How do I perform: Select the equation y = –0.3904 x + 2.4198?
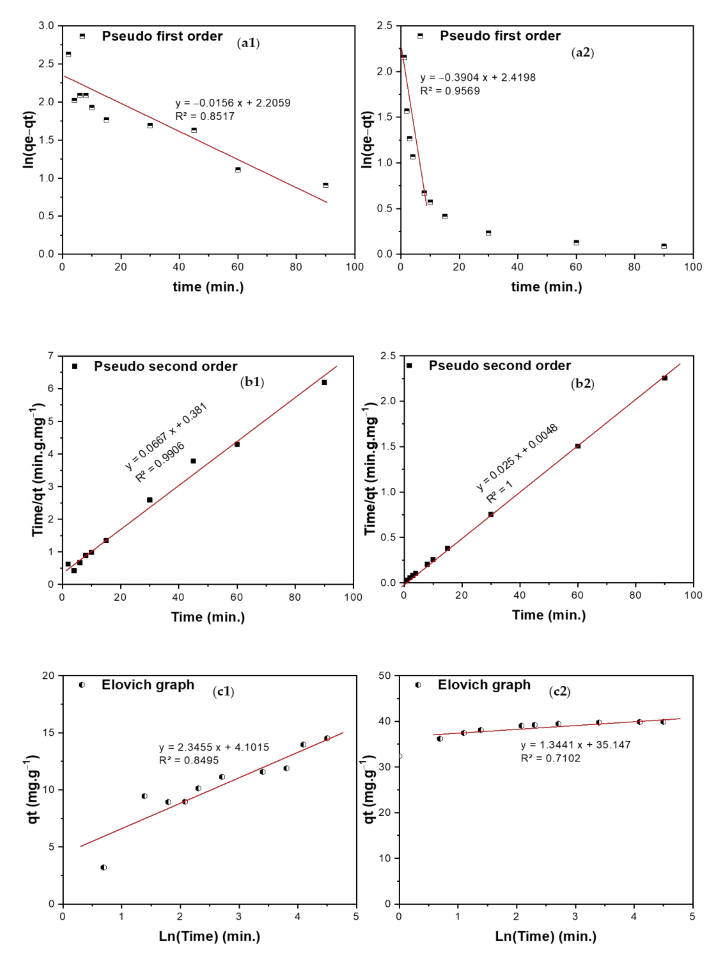click(477, 78)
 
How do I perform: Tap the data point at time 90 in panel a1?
click(326, 185)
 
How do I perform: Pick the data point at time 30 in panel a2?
click(488, 233)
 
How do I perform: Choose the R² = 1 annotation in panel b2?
click(500, 492)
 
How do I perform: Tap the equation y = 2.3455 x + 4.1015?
click(214, 747)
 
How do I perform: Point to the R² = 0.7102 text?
click(551, 758)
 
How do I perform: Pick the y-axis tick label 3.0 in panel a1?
click(46, 26)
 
